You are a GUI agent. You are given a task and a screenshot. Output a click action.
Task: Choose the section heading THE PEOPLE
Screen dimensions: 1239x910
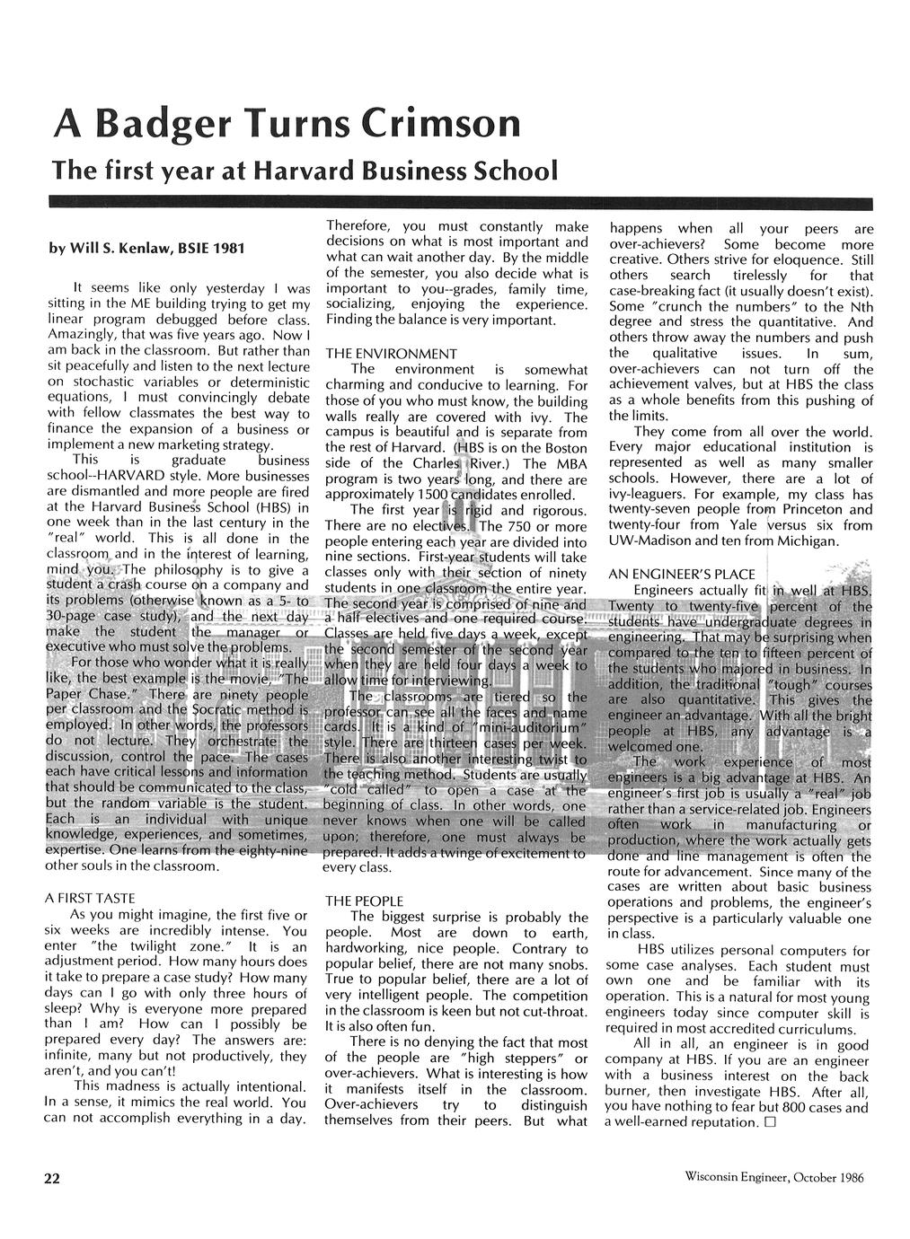pyautogui.click(x=364, y=901)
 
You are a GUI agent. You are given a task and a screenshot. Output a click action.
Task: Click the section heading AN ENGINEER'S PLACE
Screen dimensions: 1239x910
pyautogui.click(x=681, y=573)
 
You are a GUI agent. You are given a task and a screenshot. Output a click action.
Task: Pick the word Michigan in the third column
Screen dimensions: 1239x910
pyautogui.click(x=810, y=541)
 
